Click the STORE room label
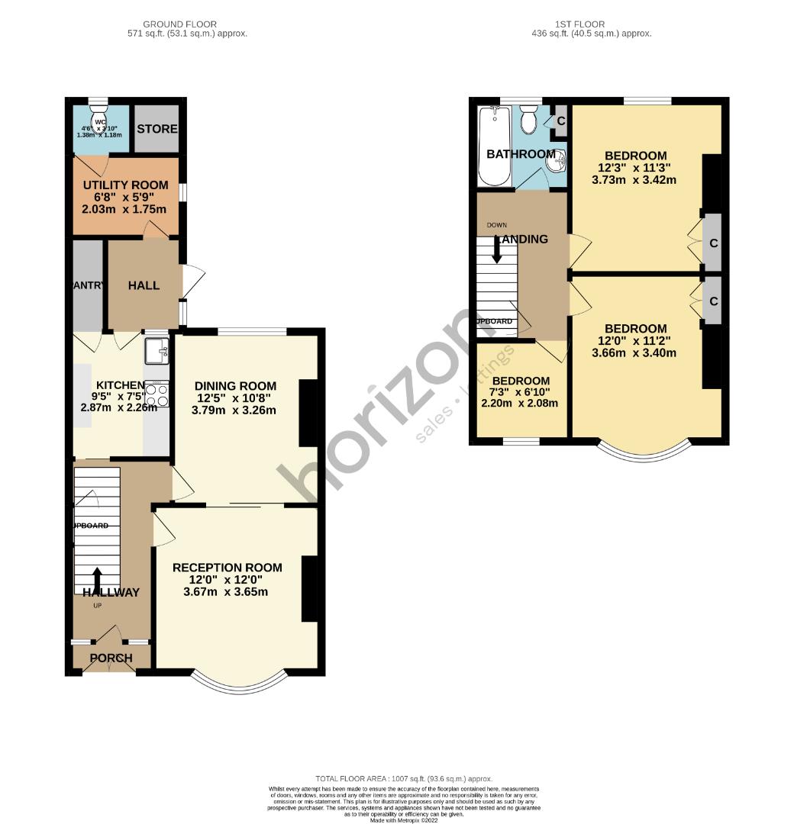[x=157, y=129]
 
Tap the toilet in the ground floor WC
[x=98, y=119]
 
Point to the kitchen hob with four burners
[x=157, y=394]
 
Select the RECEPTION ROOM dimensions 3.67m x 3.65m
[x=226, y=592]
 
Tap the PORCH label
[x=111, y=658]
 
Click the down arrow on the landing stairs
[x=497, y=251]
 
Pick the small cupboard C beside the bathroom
[x=560, y=121]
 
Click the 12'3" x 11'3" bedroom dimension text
[x=635, y=168]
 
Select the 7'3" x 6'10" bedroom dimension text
[x=521, y=392]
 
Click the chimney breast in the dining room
[x=307, y=412]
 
